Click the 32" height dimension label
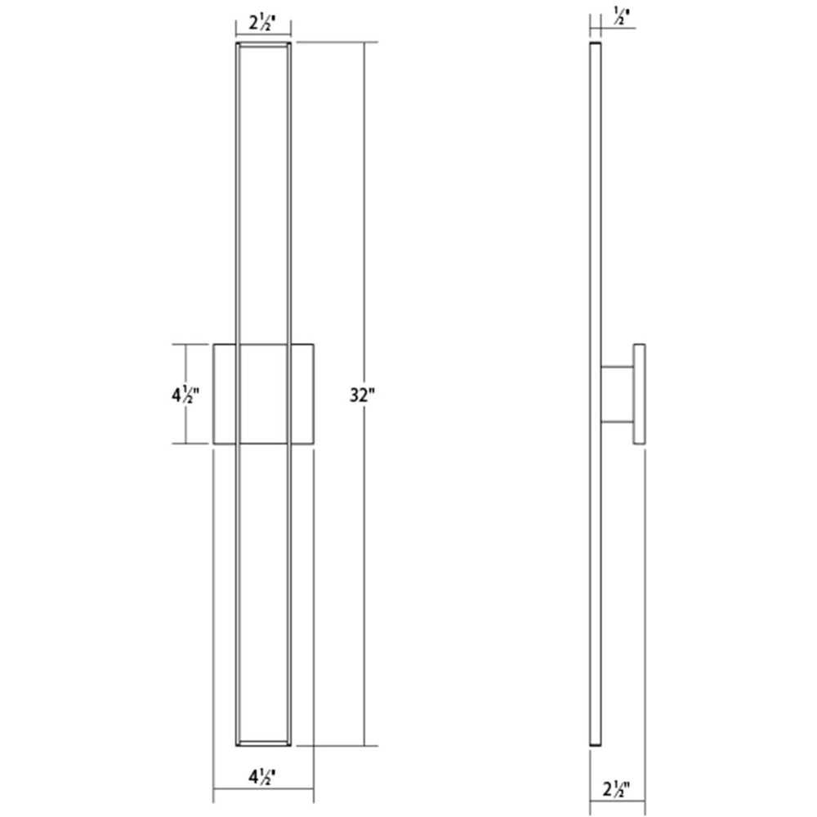pos(362,395)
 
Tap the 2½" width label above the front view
pos(261,24)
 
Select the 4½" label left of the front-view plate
pos(185,395)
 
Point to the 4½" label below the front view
pos(261,777)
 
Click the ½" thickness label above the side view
pos(621,16)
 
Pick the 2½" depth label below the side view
pos(616,790)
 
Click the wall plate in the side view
pos(640,394)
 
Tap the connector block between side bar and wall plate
pos(618,395)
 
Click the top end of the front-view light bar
pos(263,45)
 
